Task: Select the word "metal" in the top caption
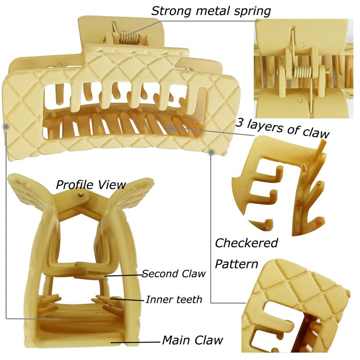coord(211,11)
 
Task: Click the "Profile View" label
coord(91,185)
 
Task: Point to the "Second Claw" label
coord(174,274)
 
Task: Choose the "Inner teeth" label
coord(174,300)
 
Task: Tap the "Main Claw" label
coord(193,340)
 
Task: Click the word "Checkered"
coord(246,243)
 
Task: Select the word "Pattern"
coord(237,264)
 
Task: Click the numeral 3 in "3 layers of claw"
coord(239,123)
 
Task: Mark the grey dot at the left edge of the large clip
coord(6,126)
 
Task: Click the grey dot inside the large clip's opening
coord(171,128)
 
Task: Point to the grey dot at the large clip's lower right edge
coord(211,152)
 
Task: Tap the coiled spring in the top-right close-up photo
coord(302,73)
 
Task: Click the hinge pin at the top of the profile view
coord(80,194)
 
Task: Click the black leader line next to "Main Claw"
coord(135,342)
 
